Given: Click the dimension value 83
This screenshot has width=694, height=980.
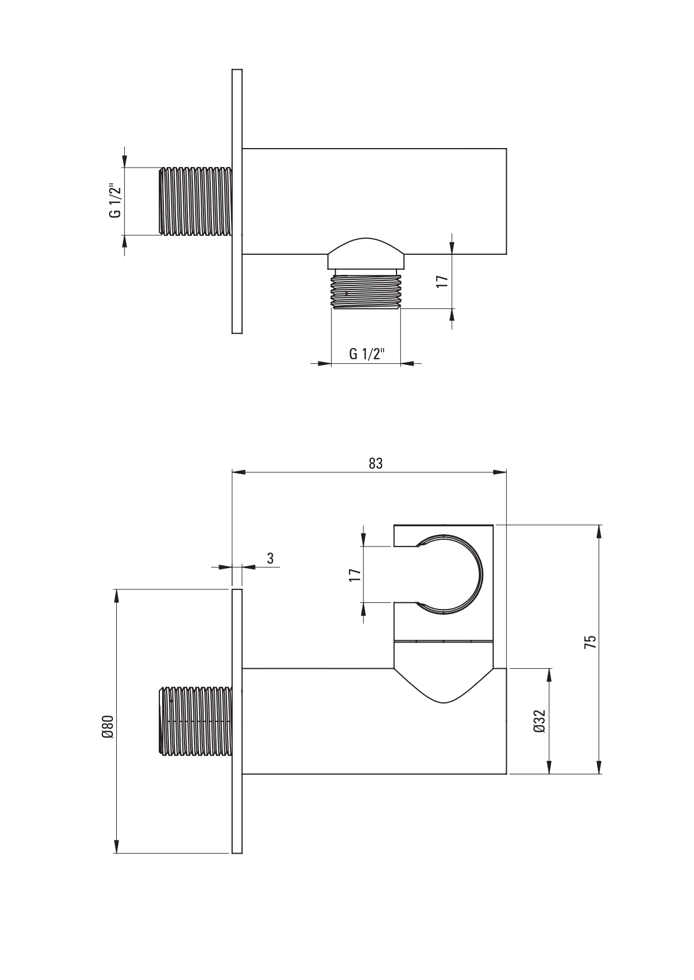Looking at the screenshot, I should pyautogui.click(x=375, y=463).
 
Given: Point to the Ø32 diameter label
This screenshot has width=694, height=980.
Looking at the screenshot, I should pyautogui.click(x=540, y=721).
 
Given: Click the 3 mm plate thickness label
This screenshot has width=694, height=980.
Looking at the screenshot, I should pyautogui.click(x=270, y=558).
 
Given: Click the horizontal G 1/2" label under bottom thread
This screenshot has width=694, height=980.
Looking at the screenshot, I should pyautogui.click(x=366, y=354).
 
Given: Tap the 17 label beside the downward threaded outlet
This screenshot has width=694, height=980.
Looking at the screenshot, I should pyautogui.click(x=442, y=281).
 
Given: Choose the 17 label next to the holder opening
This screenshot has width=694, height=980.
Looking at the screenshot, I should pyautogui.click(x=354, y=575).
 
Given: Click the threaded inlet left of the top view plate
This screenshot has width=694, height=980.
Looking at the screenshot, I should pyautogui.click(x=196, y=201).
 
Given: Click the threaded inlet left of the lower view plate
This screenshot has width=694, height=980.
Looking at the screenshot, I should pyautogui.click(x=196, y=722).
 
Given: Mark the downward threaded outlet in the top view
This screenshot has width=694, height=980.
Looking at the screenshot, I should pyautogui.click(x=366, y=291).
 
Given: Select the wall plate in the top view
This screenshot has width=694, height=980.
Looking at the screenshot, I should pyautogui.click(x=237, y=201).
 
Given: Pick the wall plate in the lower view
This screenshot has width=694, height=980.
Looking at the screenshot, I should pyautogui.click(x=237, y=721).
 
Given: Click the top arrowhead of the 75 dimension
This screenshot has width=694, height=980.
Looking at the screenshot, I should pyautogui.click(x=599, y=531).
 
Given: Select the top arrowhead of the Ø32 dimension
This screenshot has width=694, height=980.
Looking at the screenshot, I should pyautogui.click(x=549, y=675).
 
